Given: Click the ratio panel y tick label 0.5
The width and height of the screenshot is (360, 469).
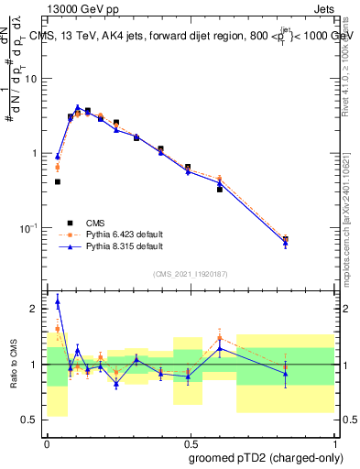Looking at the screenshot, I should coord(31,420).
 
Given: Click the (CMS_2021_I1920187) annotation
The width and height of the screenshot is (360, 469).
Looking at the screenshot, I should coord(190,274).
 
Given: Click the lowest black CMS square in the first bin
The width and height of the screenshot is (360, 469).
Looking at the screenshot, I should coord(58,181).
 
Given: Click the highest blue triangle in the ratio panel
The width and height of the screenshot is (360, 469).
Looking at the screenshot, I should coord(58,300).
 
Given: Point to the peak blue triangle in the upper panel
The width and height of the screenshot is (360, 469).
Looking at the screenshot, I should coord(78,107).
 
